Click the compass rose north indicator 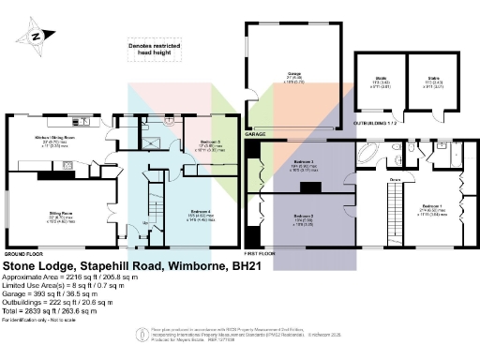[35, 37]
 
